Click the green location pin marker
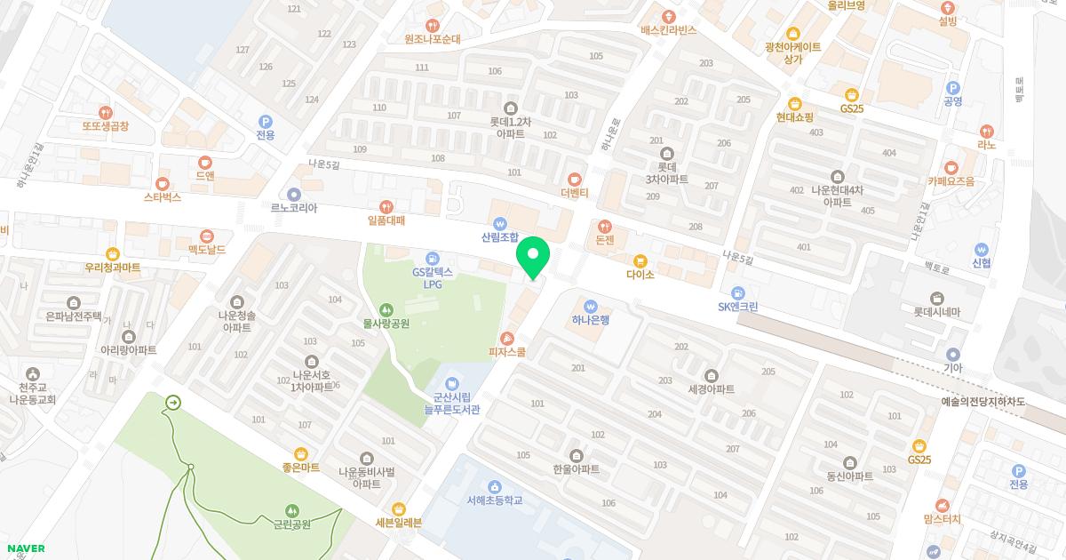click(533, 257)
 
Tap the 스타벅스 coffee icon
click(163, 182)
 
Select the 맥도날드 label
click(206, 251)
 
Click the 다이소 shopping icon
click(640, 260)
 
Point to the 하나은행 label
click(591, 321)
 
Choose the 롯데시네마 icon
click(937, 298)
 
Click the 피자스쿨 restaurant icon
click(507, 338)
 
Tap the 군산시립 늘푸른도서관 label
click(451, 404)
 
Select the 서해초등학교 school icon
click(495, 486)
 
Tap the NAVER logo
click(24, 548)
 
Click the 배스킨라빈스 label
click(669, 30)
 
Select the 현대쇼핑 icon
click(795, 103)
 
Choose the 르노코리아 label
click(294, 208)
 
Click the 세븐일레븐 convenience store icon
click(399, 508)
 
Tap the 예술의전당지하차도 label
click(983, 402)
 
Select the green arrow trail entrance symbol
click(172, 404)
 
